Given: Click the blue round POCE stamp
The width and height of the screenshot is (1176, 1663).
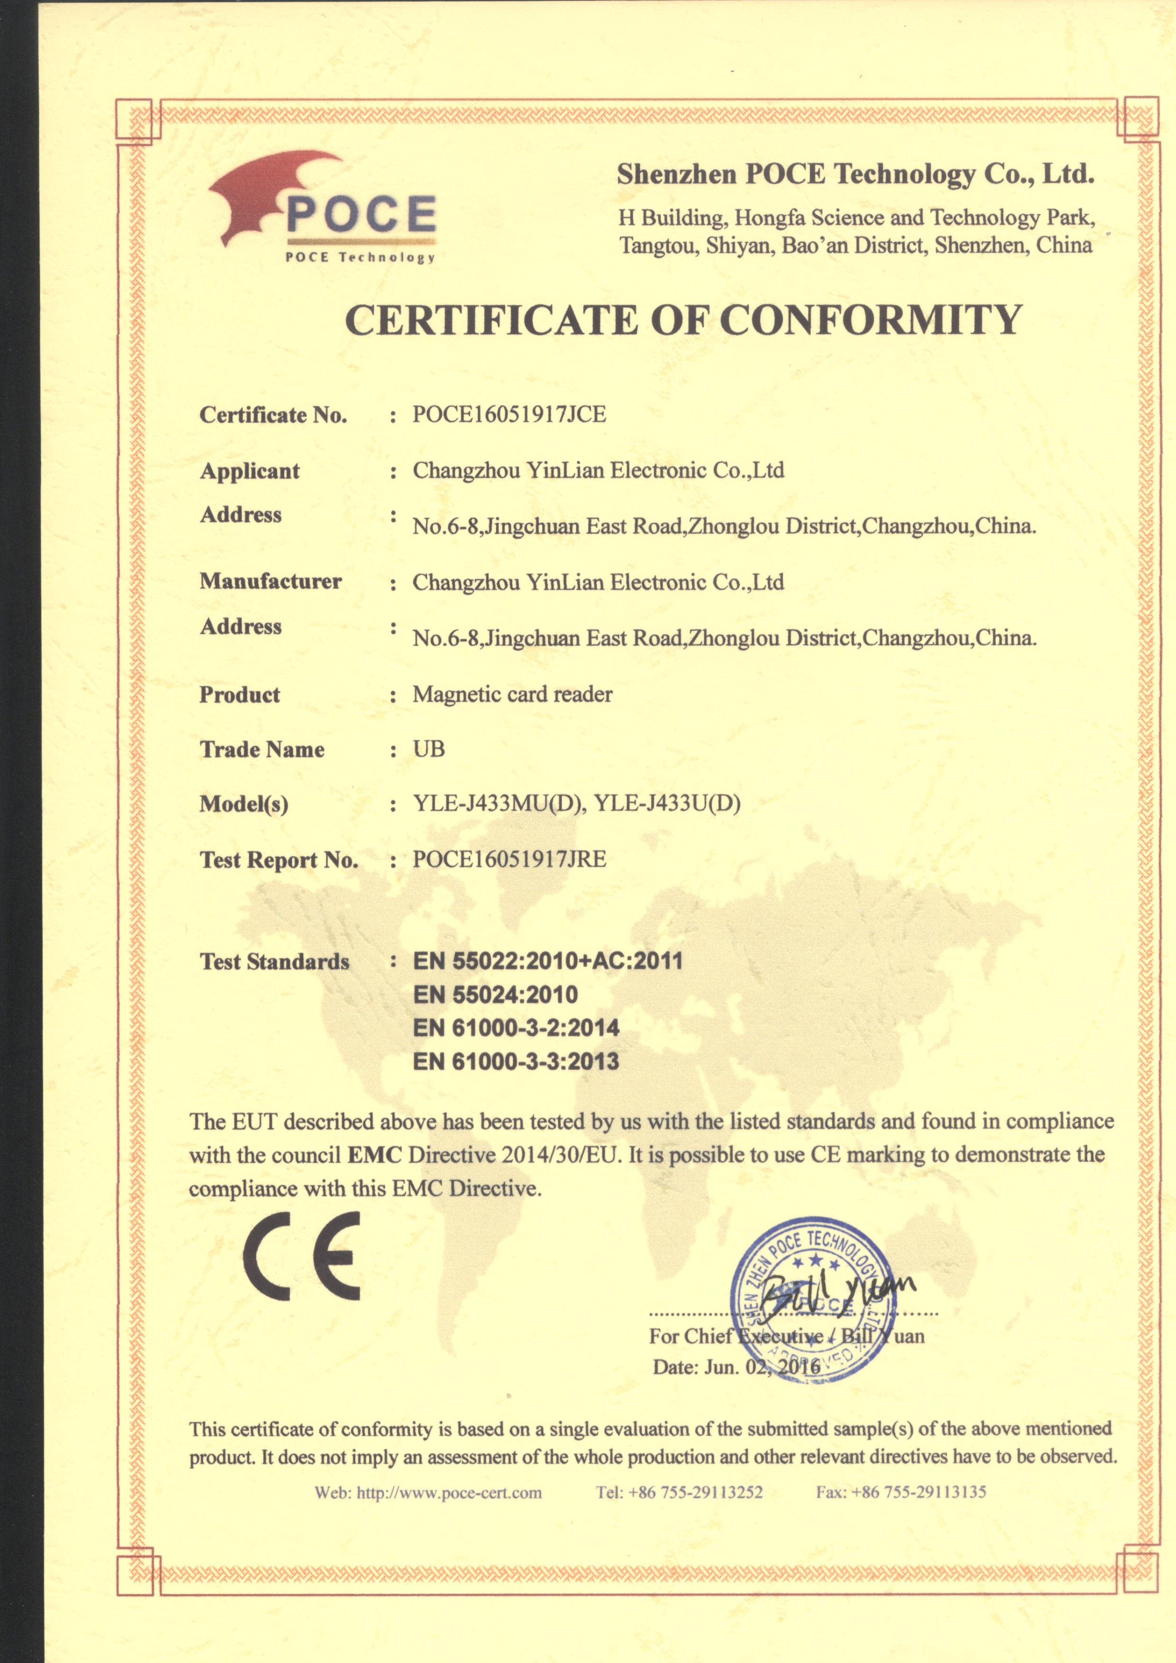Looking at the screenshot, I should click(x=815, y=1297).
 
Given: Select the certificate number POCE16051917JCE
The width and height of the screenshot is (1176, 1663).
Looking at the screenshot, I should click(x=509, y=414).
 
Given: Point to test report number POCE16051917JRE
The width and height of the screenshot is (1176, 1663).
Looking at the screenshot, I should click(x=509, y=860).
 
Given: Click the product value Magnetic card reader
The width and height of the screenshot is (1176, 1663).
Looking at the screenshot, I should click(x=512, y=694).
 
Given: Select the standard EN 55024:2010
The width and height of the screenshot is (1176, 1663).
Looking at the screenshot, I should click(x=495, y=995).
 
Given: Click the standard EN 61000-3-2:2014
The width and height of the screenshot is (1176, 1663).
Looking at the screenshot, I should click(x=516, y=1028).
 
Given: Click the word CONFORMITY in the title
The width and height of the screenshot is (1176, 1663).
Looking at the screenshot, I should click(x=870, y=320).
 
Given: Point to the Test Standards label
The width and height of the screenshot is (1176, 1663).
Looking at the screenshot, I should click(x=275, y=962).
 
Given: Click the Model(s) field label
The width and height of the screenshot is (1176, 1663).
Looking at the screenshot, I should click(x=244, y=804).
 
